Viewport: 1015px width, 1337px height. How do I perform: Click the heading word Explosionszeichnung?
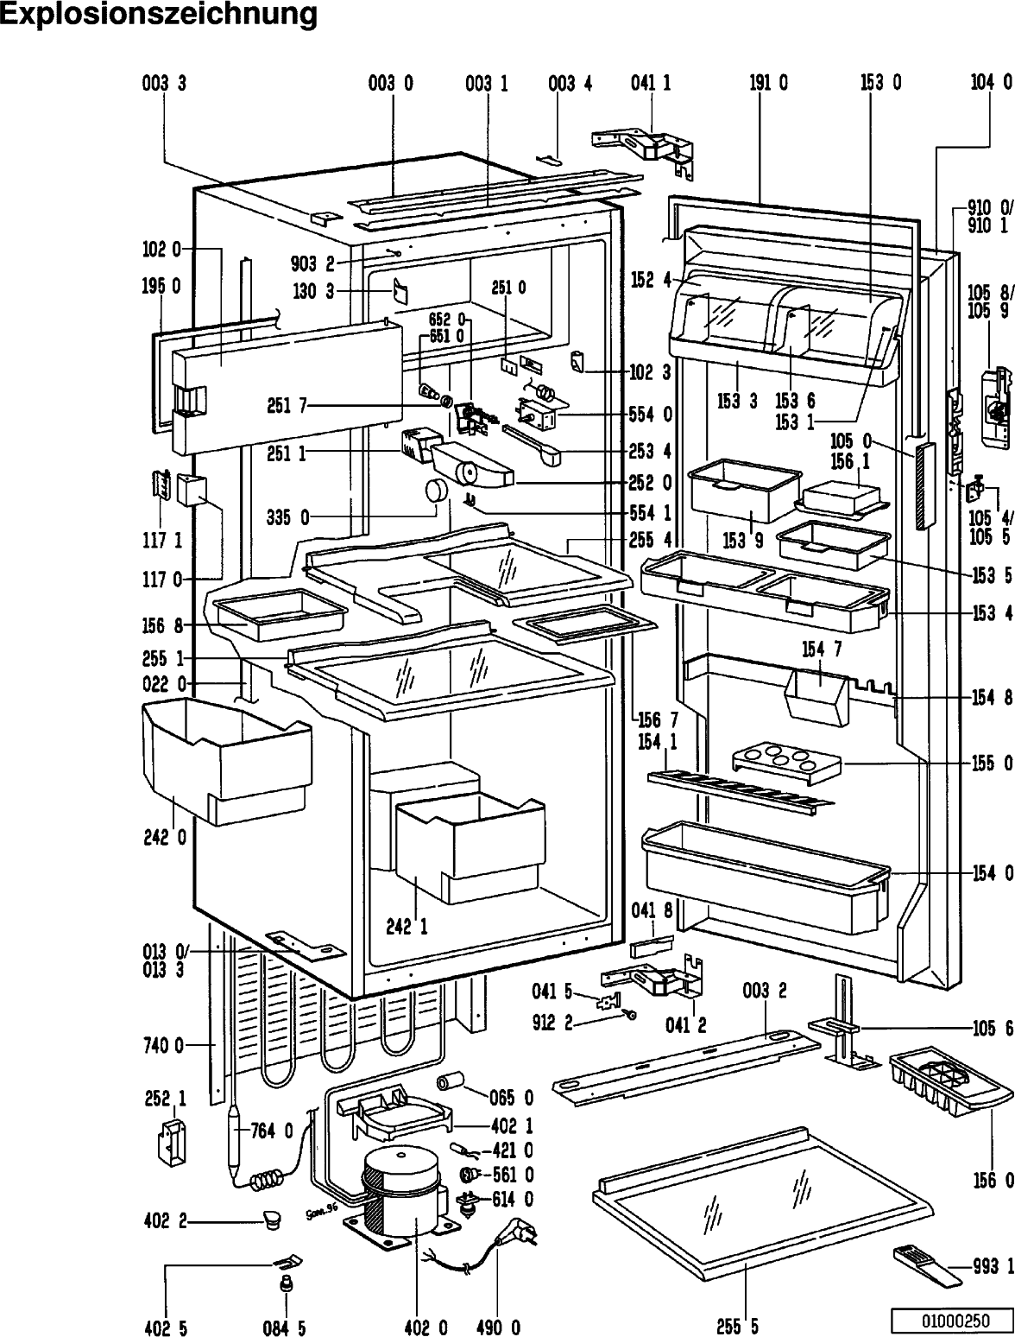click(x=158, y=14)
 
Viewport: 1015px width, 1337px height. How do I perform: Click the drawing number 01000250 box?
click(x=955, y=1320)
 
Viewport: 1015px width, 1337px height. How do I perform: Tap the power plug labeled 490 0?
click(x=516, y=1237)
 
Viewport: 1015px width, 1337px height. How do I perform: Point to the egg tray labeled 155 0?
click(x=786, y=761)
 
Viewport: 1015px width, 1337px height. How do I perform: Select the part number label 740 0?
click(x=163, y=1046)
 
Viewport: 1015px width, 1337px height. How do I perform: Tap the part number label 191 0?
click(x=768, y=82)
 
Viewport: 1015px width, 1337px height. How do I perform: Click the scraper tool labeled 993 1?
click(x=927, y=1265)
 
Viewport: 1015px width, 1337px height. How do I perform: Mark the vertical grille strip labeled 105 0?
click(x=924, y=485)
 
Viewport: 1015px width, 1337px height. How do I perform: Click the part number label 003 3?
click(x=164, y=82)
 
